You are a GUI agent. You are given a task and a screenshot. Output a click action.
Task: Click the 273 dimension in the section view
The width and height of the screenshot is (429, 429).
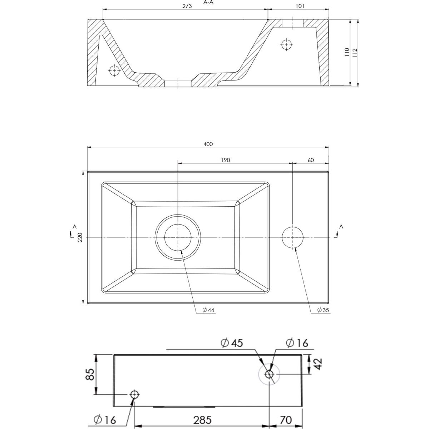(x=187, y=6)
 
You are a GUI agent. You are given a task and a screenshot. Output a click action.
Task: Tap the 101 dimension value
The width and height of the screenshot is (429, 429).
(x=300, y=6)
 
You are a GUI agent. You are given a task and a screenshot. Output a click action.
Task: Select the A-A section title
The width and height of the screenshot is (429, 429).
(x=208, y=3)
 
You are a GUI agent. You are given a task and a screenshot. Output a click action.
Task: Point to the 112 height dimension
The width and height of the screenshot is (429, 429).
(x=355, y=53)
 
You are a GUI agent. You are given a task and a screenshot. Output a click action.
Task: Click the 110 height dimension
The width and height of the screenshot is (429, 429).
(x=347, y=52)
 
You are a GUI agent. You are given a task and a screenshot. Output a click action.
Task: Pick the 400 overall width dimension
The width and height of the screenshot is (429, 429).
(x=208, y=144)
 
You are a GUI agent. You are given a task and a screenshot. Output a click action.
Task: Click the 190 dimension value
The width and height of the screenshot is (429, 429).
(x=225, y=160)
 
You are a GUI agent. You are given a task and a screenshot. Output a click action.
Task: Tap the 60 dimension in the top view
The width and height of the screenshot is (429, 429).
(x=311, y=160)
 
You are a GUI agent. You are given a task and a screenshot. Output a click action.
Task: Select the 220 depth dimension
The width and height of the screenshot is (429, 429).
(x=80, y=237)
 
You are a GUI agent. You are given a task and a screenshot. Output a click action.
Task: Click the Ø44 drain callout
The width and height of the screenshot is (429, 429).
(x=208, y=310)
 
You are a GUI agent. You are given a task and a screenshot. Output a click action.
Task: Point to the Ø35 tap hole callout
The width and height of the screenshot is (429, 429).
(x=323, y=310)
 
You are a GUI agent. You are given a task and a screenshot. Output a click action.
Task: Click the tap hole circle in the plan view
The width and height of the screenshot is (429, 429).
(x=292, y=237)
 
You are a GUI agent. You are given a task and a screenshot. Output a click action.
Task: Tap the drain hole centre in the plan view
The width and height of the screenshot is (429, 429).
(x=178, y=237)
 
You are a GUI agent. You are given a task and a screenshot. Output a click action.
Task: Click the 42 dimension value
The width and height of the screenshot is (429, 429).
(x=319, y=364)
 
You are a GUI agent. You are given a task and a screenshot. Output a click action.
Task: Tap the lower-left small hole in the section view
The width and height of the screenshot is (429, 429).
(x=114, y=70)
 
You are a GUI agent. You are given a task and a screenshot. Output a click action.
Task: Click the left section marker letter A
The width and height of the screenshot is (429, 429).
(x=75, y=227)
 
